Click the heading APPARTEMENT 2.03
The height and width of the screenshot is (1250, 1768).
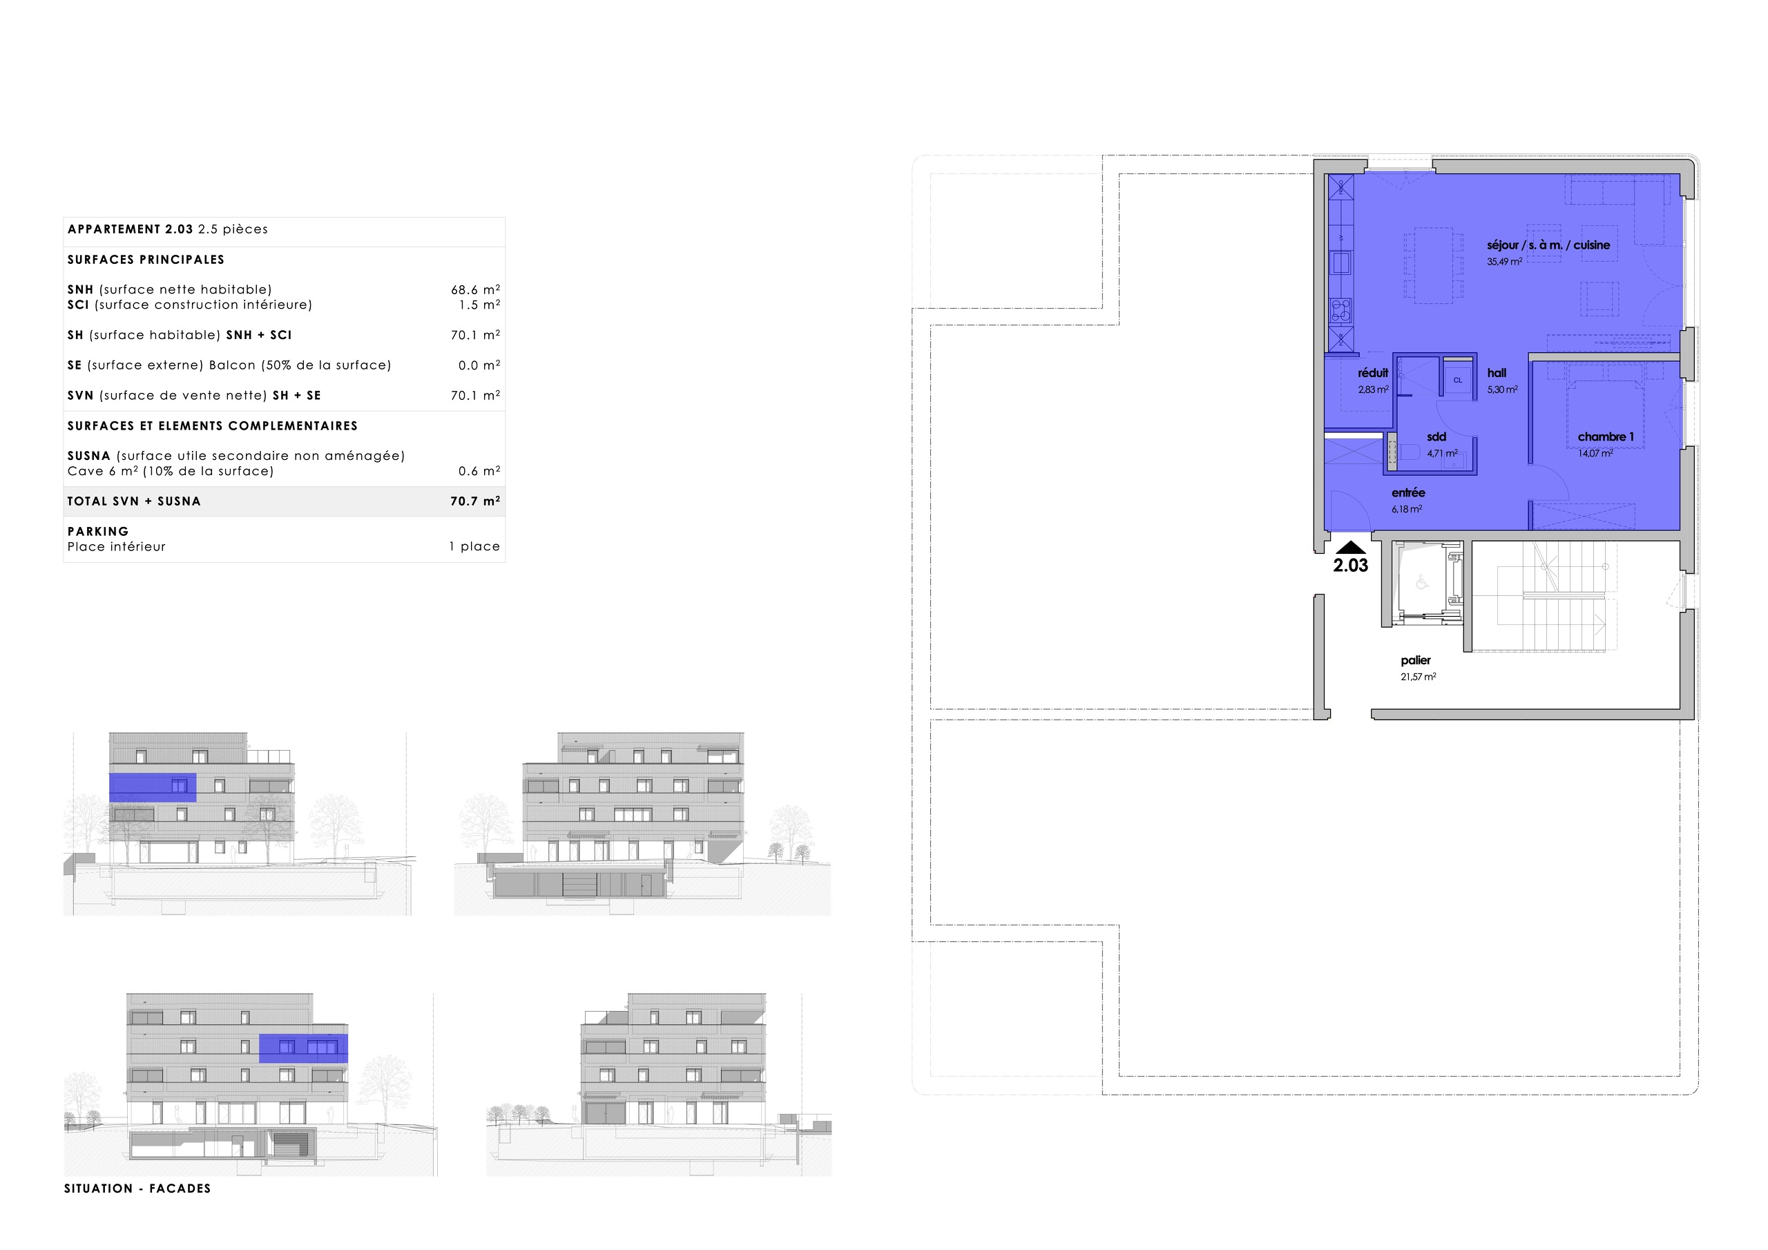(x=130, y=229)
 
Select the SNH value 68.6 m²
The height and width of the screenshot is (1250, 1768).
(x=475, y=289)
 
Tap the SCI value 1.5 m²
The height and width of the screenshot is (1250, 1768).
(x=479, y=305)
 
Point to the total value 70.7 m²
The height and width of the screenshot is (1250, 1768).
(x=475, y=501)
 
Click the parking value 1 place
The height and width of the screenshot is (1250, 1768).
(x=474, y=547)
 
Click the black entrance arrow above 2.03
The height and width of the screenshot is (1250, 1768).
(x=1351, y=548)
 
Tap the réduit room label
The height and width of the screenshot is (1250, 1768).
(x=1373, y=373)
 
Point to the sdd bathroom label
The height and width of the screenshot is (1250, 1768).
(x=1436, y=436)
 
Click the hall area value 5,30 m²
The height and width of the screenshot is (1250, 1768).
(x=1502, y=390)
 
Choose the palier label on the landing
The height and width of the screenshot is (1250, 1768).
(x=1415, y=660)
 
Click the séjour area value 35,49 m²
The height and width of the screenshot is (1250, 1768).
(x=1504, y=262)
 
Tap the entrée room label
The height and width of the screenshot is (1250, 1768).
(x=1408, y=493)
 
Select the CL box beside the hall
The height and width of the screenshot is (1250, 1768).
(x=1458, y=381)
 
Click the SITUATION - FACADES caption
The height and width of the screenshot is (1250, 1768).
(x=137, y=1189)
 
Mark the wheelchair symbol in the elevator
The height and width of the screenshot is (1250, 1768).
(x=1421, y=583)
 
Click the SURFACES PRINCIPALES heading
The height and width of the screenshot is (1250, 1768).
(x=146, y=260)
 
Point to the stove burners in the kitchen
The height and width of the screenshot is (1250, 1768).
(x=1341, y=309)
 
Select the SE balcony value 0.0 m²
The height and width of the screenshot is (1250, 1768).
(x=479, y=365)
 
